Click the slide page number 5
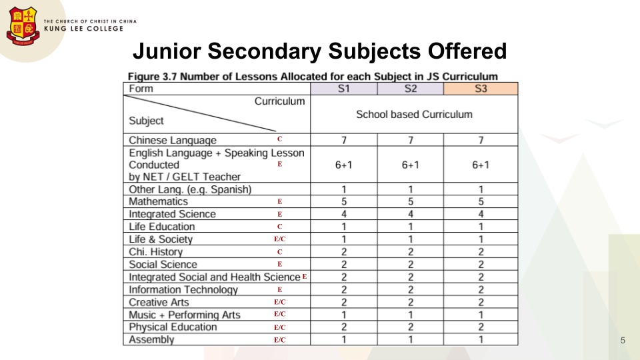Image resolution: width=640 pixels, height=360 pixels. pyautogui.click(x=623, y=341)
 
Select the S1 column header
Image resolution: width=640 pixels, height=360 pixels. pyautogui.click(x=344, y=89)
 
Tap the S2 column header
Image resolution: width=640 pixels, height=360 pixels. pyautogui.click(x=411, y=89)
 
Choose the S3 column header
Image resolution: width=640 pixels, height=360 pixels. pyautogui.click(x=481, y=89)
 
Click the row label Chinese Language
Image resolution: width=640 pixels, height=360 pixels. pyautogui.click(x=173, y=140)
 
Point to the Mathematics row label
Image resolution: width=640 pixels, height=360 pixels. pyautogui.click(x=159, y=201)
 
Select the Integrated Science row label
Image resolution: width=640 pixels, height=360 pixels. pyautogui.click(x=172, y=214)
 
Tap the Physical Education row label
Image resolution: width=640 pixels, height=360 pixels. pyautogui.click(x=173, y=327)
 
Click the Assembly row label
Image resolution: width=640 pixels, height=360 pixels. pyautogui.click(x=151, y=340)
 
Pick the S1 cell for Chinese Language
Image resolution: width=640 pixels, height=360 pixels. pyautogui.click(x=344, y=140)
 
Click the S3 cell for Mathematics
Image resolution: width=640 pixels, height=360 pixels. pyautogui.click(x=481, y=201)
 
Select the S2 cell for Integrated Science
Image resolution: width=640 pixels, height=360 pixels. pyautogui.click(x=411, y=214)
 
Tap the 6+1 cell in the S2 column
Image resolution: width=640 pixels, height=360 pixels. pyautogui.click(x=411, y=165)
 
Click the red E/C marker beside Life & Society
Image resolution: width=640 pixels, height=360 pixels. pyautogui.click(x=280, y=239)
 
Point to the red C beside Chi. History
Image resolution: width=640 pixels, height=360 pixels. pyautogui.click(x=280, y=252)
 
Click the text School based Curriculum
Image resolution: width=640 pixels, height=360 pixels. pyautogui.click(x=414, y=115)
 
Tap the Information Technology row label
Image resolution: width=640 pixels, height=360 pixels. pyautogui.click(x=183, y=290)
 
